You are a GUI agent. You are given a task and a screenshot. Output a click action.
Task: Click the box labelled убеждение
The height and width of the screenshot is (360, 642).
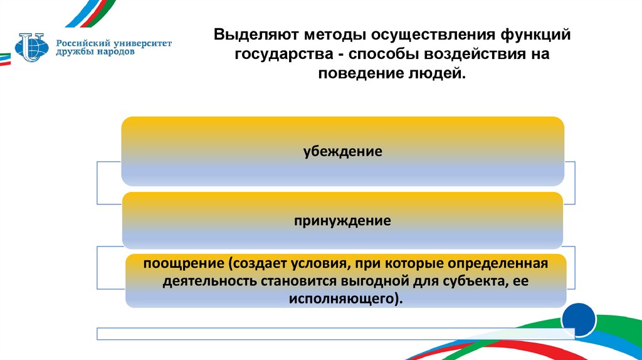click(x=343, y=151)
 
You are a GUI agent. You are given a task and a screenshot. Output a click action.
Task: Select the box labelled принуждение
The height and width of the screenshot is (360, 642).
click(x=343, y=220)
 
